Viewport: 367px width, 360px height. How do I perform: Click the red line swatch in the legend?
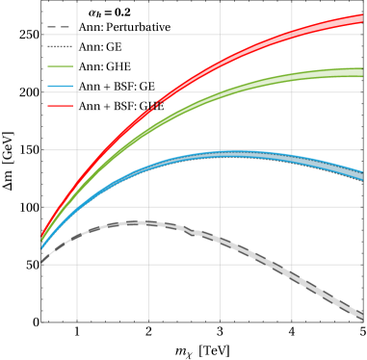(60, 106)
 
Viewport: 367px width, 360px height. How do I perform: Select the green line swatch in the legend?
(60, 66)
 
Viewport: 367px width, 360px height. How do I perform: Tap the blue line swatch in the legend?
(60, 87)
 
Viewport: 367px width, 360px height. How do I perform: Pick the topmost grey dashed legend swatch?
(59, 27)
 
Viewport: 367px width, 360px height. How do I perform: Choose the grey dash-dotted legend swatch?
(60, 46)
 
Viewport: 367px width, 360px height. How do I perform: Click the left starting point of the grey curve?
(42, 261)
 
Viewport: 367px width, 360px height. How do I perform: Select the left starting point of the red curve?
(42, 235)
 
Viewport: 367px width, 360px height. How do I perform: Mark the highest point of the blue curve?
(227, 153)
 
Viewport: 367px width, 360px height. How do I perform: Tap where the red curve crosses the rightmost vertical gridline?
(292, 37)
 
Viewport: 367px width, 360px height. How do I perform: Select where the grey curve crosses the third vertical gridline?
(220, 240)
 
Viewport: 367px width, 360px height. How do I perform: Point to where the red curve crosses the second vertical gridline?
(148, 113)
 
